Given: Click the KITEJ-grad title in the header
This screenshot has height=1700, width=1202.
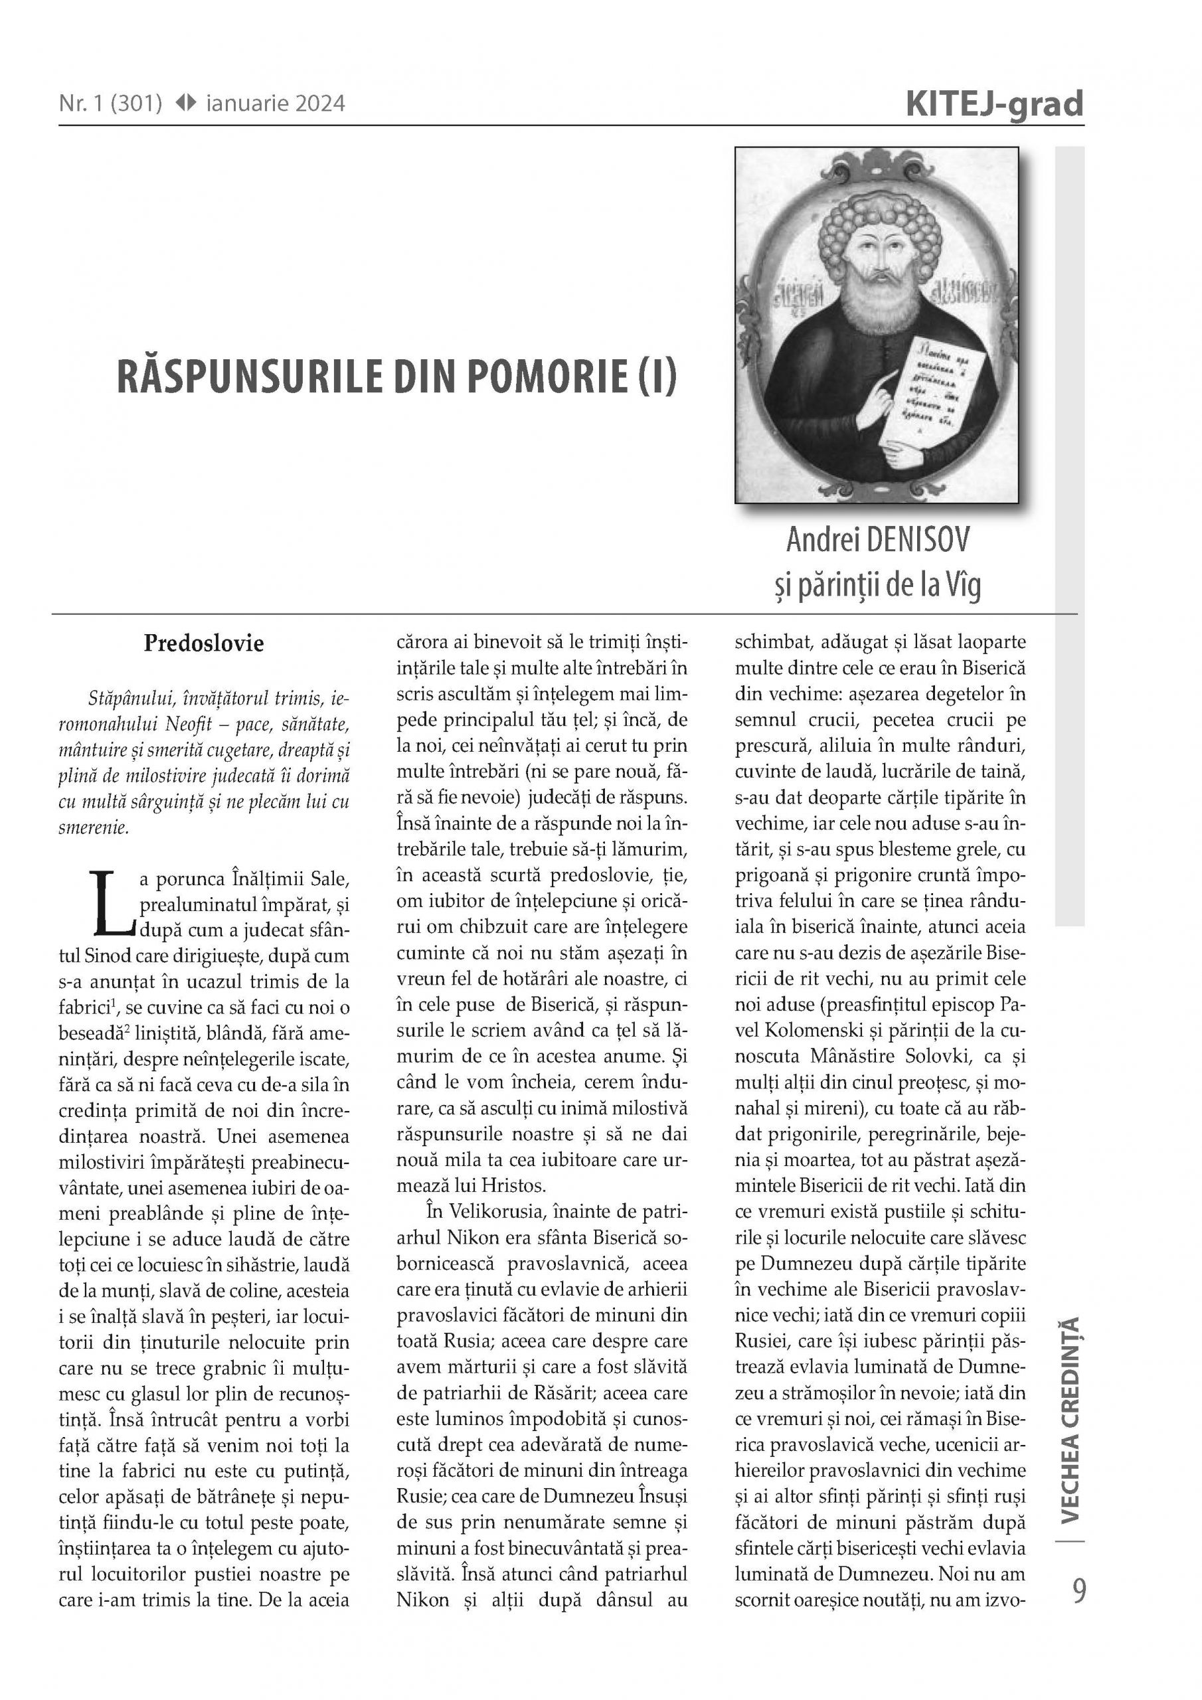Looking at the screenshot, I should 994,104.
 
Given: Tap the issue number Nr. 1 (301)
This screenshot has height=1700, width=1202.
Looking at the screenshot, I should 110,104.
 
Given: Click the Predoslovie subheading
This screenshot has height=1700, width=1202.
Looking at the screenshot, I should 204,643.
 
